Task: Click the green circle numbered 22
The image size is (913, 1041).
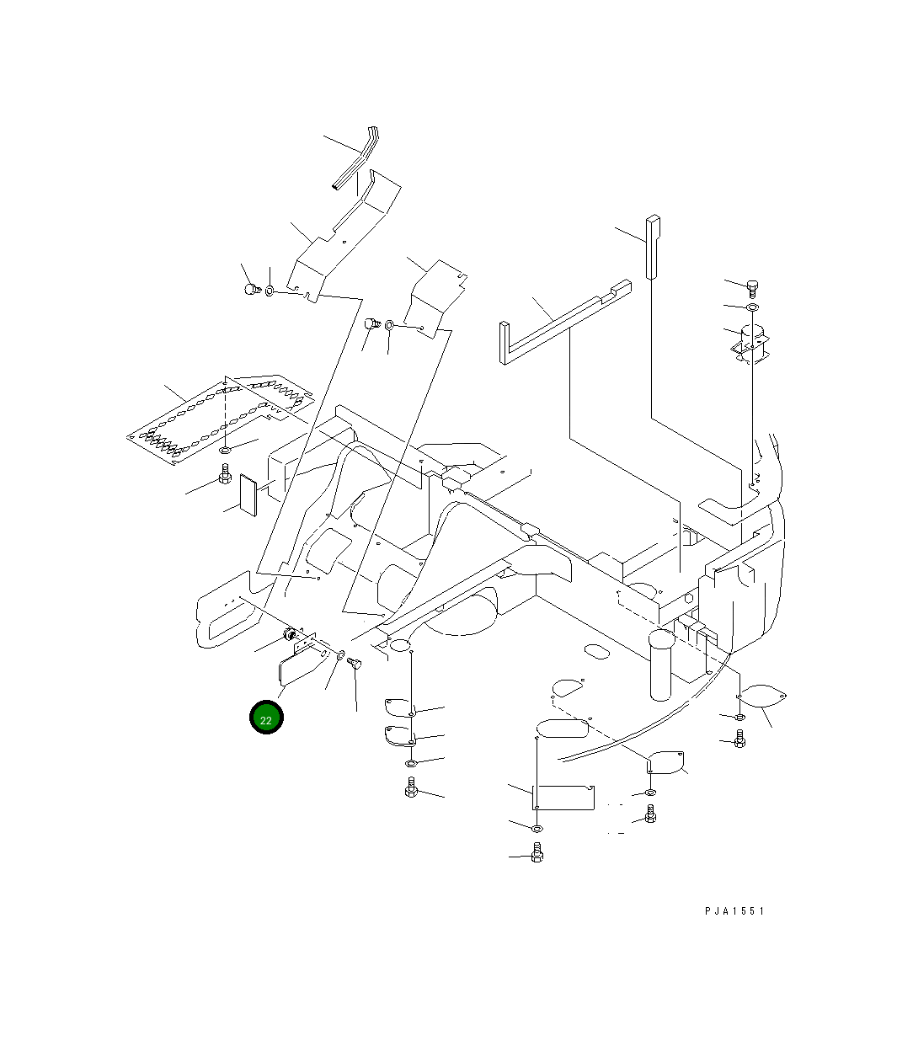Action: pos(266,718)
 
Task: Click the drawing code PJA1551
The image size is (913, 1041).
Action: pos(734,911)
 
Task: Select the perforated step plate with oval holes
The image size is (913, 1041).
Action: pos(219,416)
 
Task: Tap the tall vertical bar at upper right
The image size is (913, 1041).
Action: pos(653,246)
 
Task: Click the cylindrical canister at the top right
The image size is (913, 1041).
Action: pos(752,341)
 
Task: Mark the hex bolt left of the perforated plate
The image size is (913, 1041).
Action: pos(225,477)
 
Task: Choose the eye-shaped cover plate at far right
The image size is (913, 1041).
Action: pos(763,696)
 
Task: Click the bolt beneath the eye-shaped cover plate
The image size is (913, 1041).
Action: pos(739,739)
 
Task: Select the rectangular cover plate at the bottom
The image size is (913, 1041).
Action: pos(564,797)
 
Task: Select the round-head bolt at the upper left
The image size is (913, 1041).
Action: pos(250,290)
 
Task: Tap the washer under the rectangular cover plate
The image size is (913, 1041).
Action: pos(537,829)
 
